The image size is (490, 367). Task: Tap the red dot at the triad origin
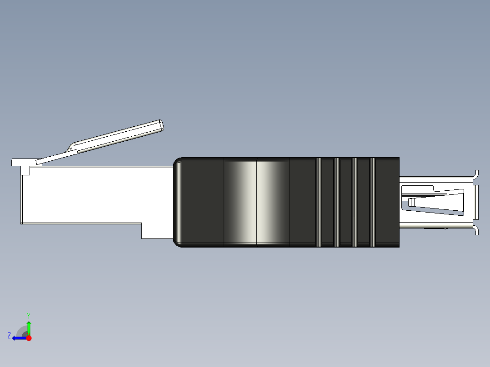tap(29, 338)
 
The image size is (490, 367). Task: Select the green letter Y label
tap(28, 315)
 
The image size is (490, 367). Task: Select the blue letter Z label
tap(9, 335)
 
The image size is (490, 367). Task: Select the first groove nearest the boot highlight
tap(318, 202)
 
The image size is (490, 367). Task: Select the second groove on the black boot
tap(337, 202)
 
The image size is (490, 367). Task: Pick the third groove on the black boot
tap(355, 202)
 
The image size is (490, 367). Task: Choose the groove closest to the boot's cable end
tap(372, 202)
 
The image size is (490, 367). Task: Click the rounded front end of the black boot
tap(178, 202)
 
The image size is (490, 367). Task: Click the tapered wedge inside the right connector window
tap(436, 202)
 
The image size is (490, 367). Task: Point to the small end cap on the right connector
tap(476, 202)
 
